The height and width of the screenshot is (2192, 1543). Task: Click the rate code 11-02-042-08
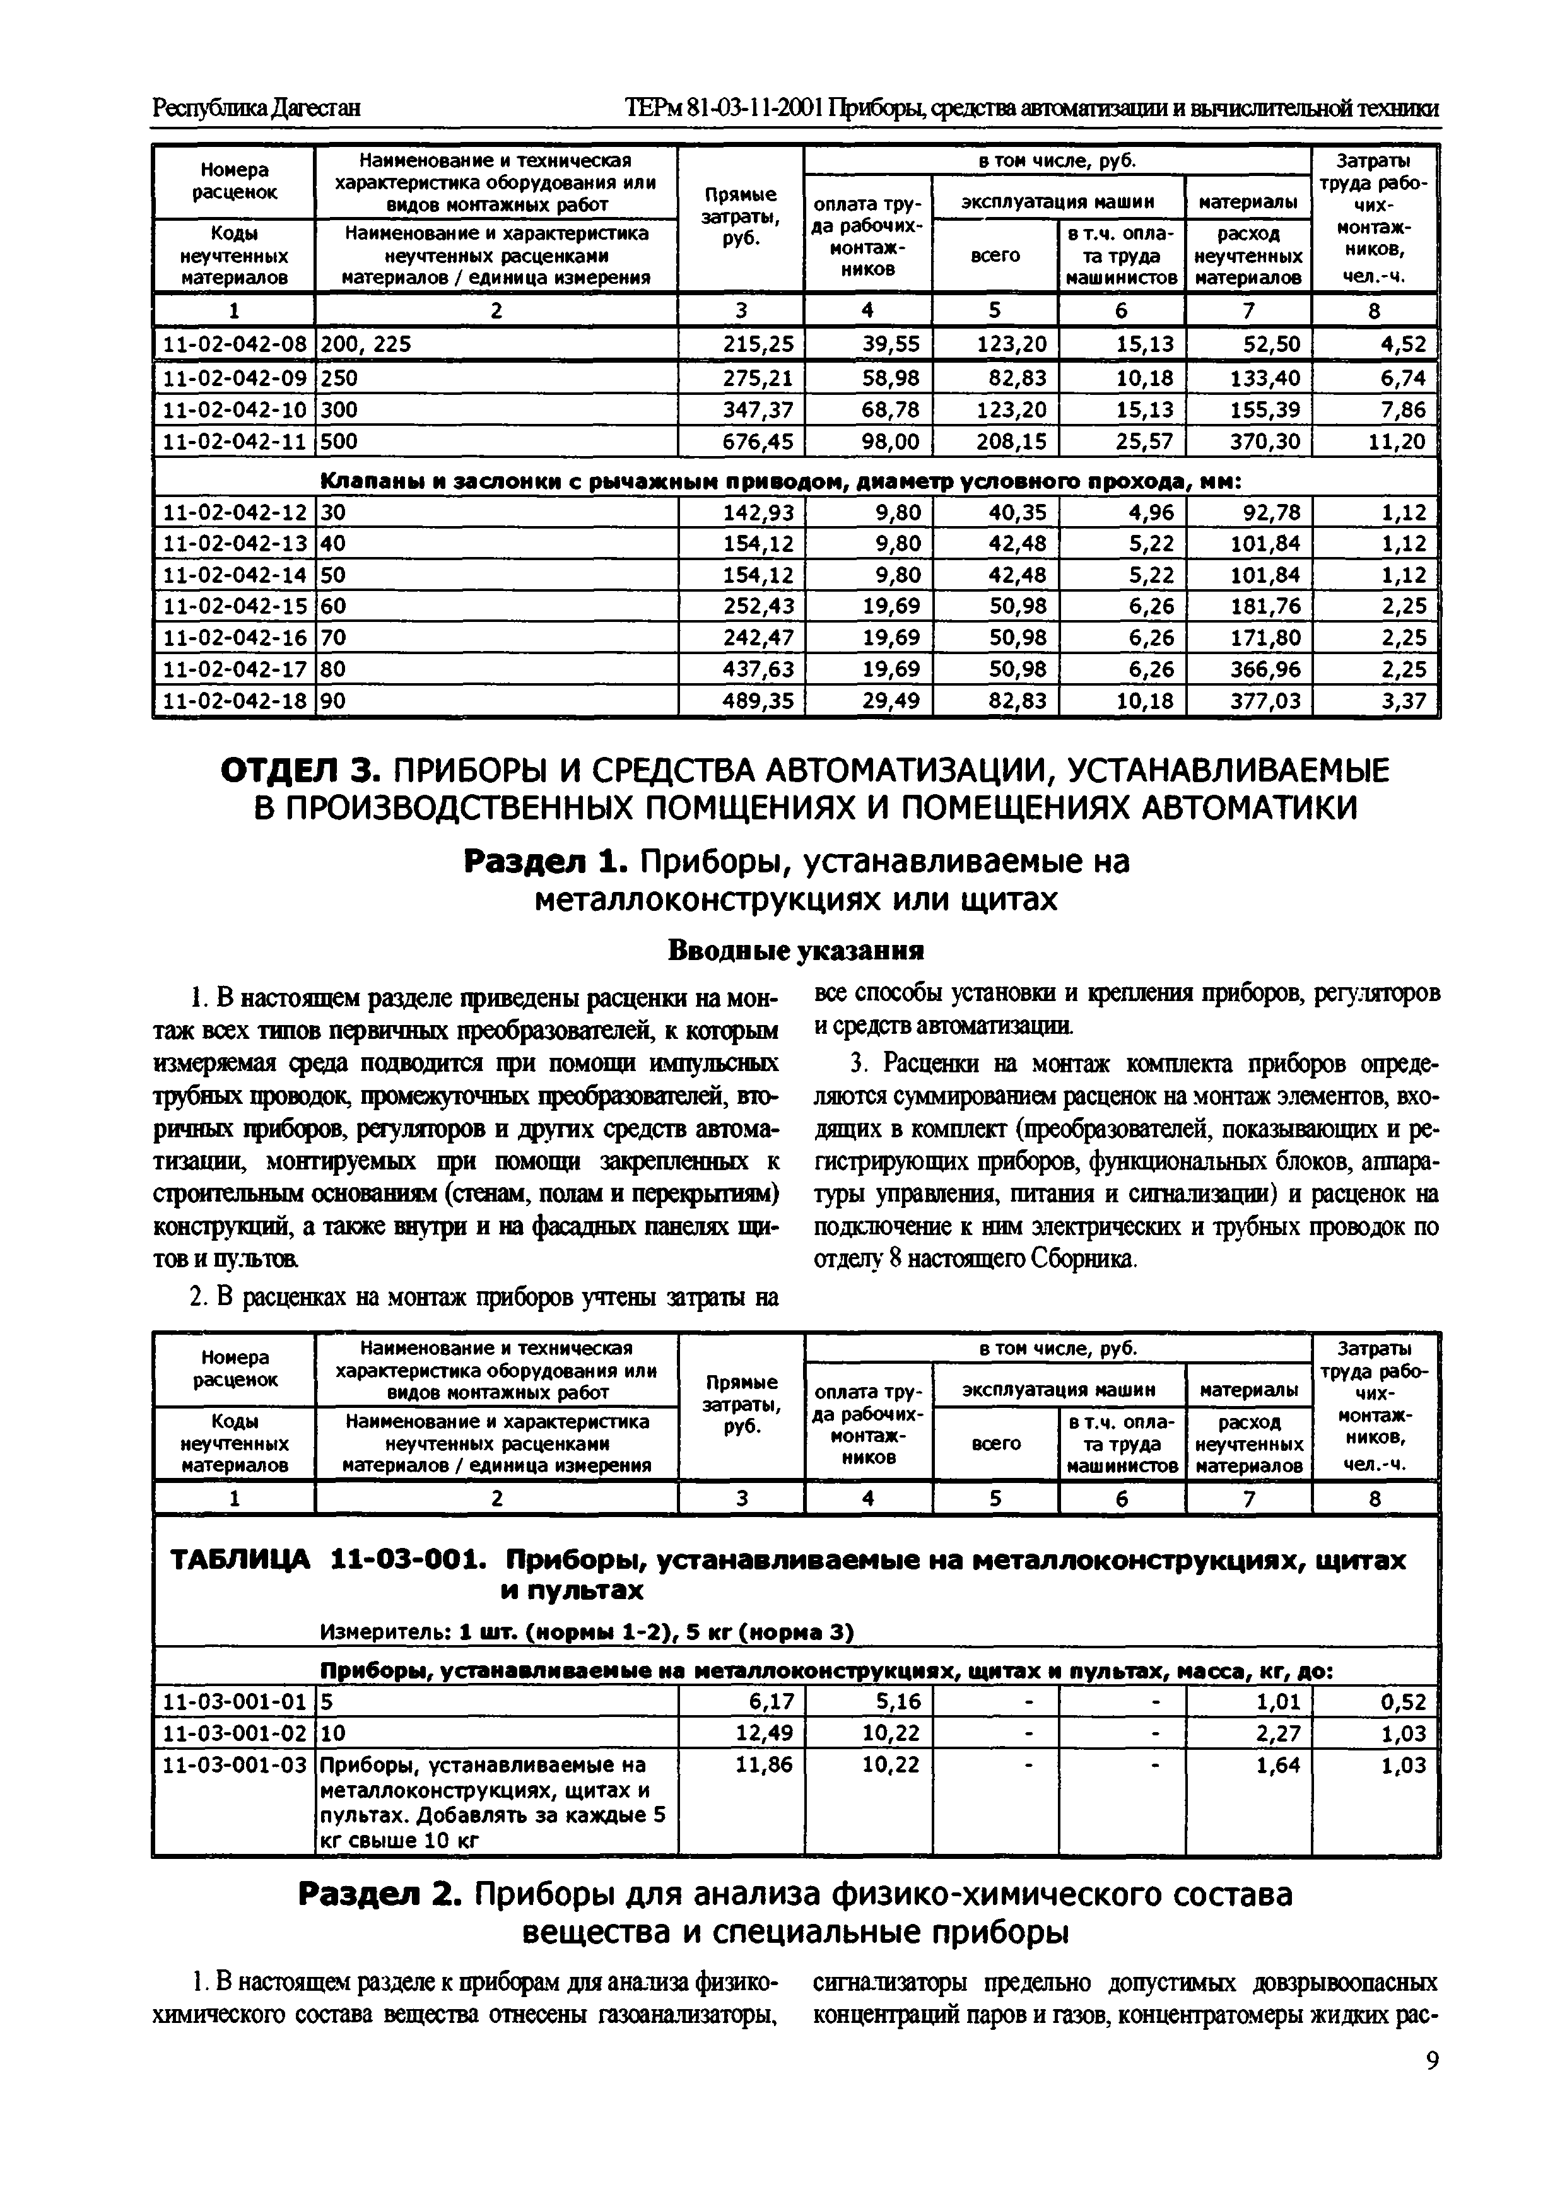click(x=235, y=344)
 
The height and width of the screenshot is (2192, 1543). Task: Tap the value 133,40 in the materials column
click(x=1265, y=378)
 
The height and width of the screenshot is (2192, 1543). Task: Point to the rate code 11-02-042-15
click(x=235, y=606)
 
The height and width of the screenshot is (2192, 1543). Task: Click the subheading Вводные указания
click(x=795, y=951)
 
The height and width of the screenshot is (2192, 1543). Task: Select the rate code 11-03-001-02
click(x=235, y=1733)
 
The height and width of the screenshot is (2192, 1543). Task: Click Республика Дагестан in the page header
click(x=256, y=108)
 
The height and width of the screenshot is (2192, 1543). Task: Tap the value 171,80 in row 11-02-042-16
click(x=1265, y=638)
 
